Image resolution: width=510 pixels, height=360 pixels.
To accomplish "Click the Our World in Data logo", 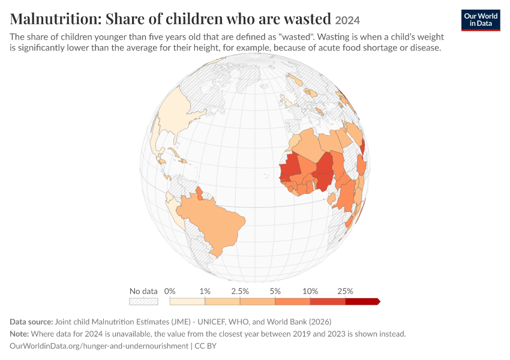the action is point(481,20).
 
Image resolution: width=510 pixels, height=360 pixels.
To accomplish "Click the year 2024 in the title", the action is point(347,20).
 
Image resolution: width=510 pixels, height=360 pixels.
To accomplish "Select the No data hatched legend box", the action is point(143,301).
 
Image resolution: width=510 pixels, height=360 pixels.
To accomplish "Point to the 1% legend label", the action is point(205,291).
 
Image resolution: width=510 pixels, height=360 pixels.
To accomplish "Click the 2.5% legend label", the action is point(240,291).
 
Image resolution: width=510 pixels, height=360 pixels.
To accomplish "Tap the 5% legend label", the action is point(275,291).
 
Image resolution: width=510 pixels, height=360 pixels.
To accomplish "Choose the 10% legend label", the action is point(310,291).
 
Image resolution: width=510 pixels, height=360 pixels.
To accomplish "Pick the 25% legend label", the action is point(346,291).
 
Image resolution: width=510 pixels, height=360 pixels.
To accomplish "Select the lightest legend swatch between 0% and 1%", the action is point(187,301).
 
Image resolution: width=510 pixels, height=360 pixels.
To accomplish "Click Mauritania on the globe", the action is point(290,165).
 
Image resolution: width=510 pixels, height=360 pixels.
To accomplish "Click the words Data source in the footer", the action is point(31,322).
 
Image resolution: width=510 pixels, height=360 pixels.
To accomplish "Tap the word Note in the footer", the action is point(19,334).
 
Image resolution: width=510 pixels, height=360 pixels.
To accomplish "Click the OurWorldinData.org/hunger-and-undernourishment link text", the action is point(99,346).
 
